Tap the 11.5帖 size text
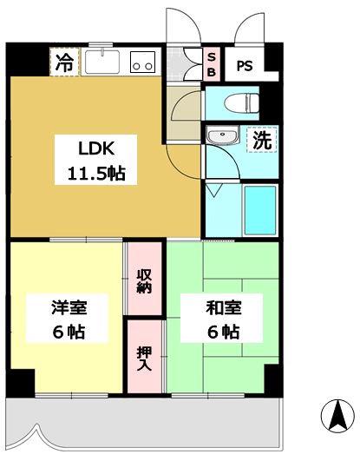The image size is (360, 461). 91,173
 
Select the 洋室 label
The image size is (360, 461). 69,307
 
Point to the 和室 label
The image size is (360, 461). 224,307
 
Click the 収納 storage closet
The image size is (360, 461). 145,282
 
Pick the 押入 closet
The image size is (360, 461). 145,358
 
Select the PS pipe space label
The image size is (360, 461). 245,65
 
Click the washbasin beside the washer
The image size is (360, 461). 223,137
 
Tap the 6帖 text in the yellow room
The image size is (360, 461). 69,332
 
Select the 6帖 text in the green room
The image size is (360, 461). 224,332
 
